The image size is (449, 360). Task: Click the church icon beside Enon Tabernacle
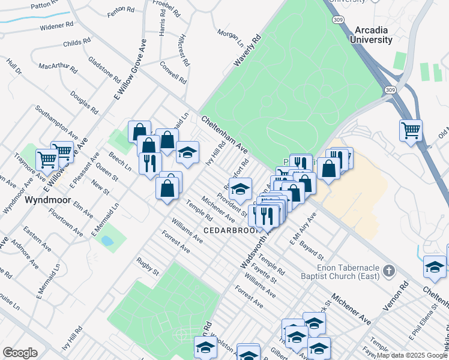(388, 270)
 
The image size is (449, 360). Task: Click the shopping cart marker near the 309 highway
(411, 130)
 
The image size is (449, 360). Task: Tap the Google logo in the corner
(20, 353)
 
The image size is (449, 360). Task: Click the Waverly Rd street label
(248, 52)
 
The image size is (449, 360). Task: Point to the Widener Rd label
(56, 26)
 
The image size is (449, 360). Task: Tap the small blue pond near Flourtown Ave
(107, 241)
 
